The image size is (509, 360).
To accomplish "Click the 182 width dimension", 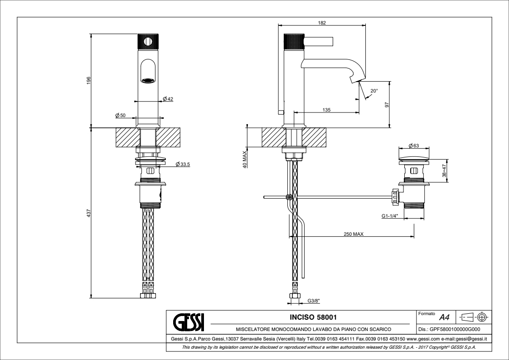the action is click(x=322, y=23).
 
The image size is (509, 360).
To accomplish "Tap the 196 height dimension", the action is click(x=88, y=81).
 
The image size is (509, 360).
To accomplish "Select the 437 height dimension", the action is click(x=88, y=213).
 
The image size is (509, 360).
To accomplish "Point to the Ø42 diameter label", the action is click(x=168, y=99).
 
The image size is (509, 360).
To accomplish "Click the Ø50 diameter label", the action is click(x=121, y=115).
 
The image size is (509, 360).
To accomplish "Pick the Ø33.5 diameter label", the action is click(x=183, y=164).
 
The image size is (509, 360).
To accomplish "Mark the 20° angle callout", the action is click(x=374, y=91).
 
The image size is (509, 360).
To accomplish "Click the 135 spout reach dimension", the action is click(x=326, y=110).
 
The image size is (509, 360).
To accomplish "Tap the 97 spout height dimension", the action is click(x=386, y=105).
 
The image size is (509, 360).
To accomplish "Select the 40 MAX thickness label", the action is click(x=245, y=159).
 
